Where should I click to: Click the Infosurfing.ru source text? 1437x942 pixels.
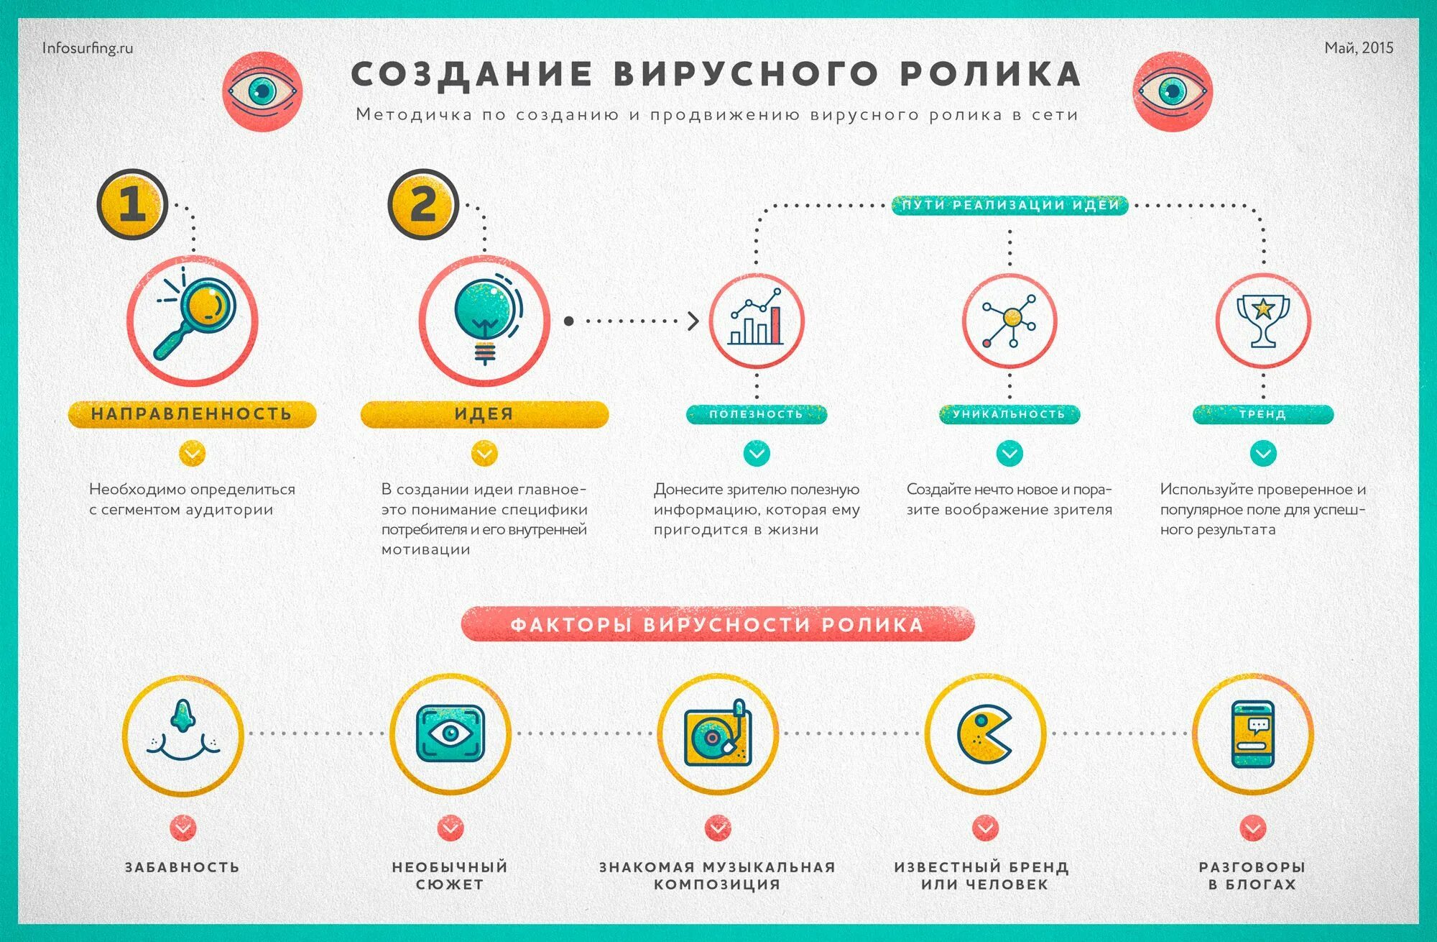[x=88, y=48]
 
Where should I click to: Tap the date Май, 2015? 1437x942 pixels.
[x=1359, y=47]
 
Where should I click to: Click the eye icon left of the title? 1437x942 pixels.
[x=262, y=91]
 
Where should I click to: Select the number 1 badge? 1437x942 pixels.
[x=132, y=204]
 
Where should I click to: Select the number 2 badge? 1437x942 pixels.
[x=423, y=204]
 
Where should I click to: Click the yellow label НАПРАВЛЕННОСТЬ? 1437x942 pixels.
[x=192, y=414]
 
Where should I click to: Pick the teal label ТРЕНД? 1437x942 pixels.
[x=1263, y=414]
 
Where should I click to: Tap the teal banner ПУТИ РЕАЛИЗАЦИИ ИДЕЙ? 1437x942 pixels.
[x=1010, y=205]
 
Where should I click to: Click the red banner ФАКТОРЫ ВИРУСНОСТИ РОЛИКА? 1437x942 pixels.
[x=717, y=623]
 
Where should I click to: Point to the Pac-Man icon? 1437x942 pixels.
[x=984, y=733]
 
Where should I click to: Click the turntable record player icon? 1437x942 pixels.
[x=717, y=733]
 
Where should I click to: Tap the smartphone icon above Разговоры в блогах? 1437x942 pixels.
[x=1253, y=733]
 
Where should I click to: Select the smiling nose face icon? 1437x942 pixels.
[x=183, y=733]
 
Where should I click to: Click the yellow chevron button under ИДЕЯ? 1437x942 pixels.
[x=484, y=454]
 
